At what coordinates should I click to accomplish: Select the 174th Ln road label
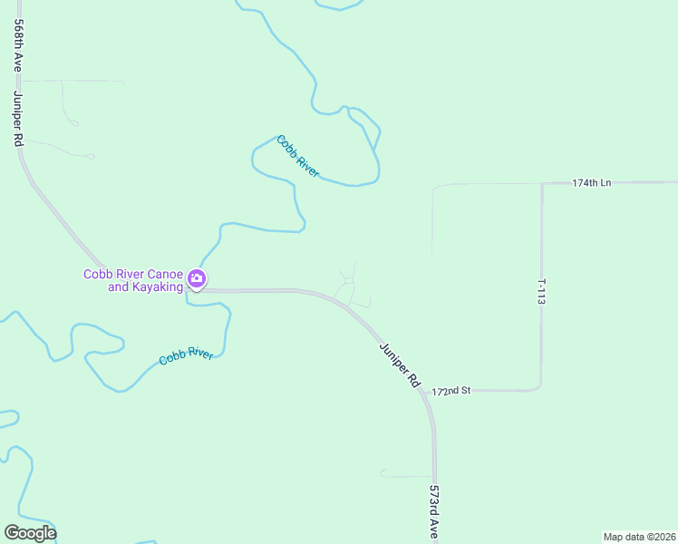coord(591,183)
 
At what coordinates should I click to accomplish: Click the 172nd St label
coord(451,391)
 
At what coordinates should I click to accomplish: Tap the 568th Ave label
coord(17,47)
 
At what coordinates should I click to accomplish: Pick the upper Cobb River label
coord(298,156)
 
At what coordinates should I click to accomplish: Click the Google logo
coord(30,533)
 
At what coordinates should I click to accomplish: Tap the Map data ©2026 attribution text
coord(639,537)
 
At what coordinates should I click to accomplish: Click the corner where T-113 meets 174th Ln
coord(542,184)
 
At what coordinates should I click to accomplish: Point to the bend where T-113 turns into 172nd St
coord(539,387)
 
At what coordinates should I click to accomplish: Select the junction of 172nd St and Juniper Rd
coord(431,391)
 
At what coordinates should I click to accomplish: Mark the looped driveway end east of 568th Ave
coord(88,157)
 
